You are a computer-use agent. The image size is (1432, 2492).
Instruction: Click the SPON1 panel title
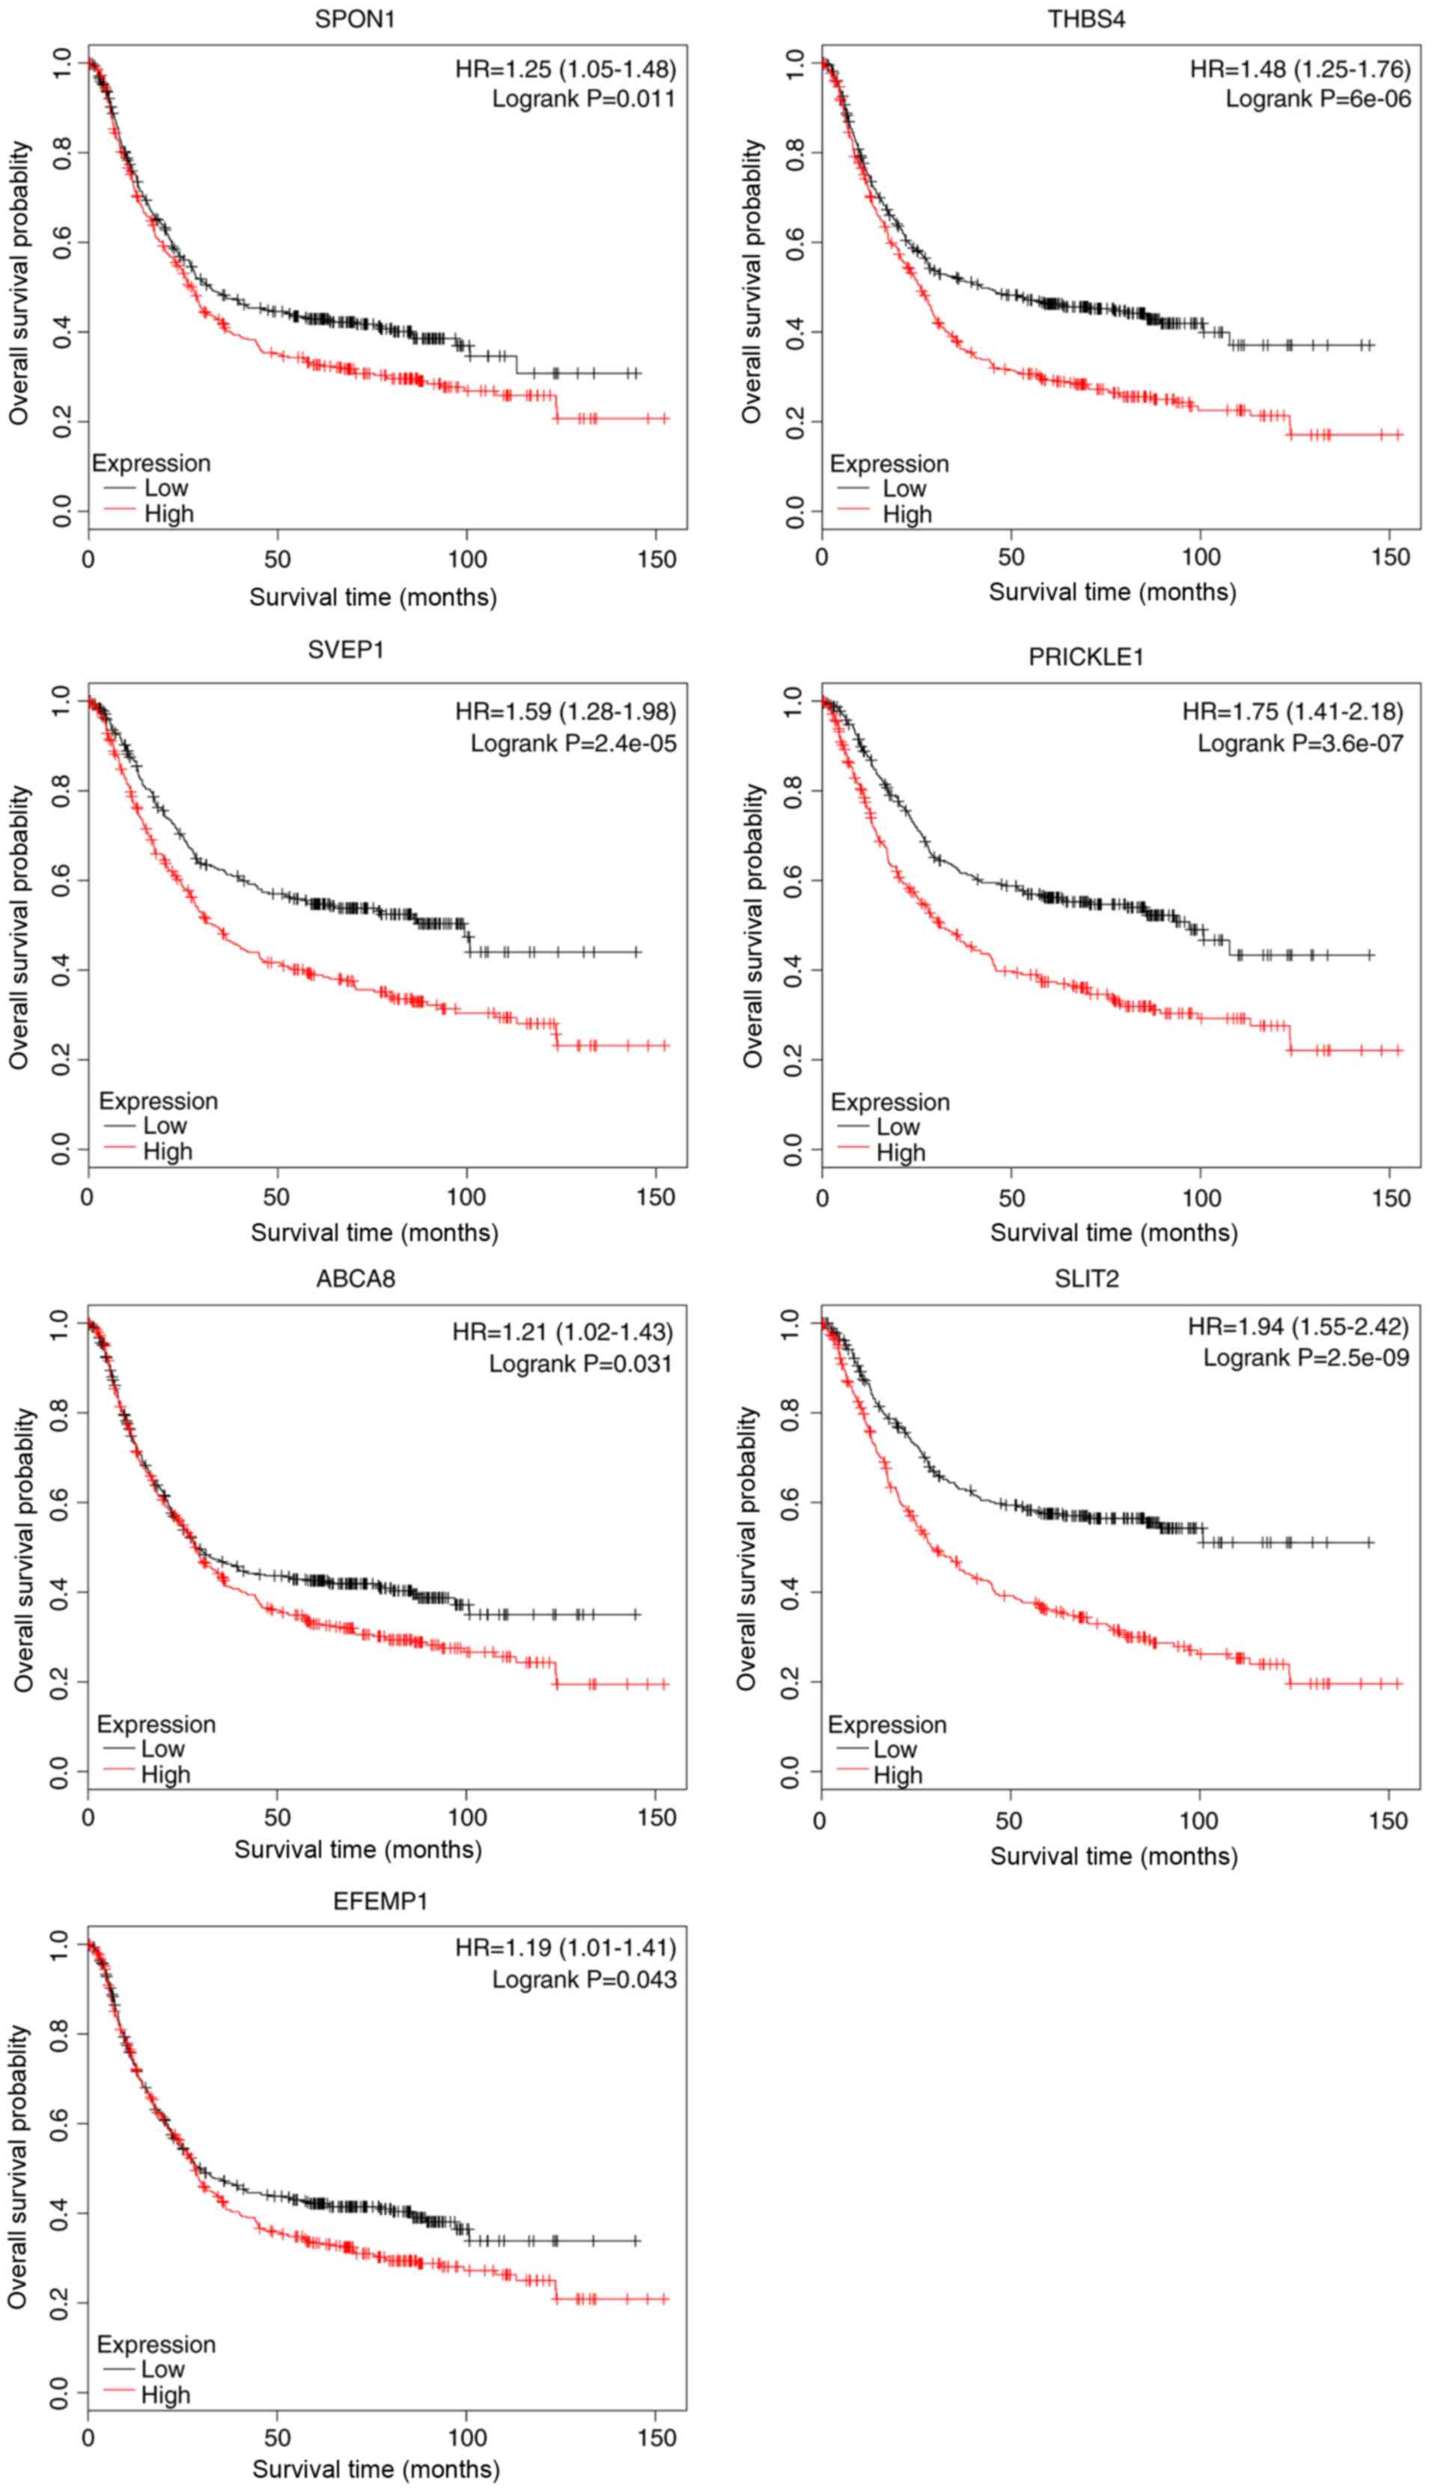[x=355, y=19]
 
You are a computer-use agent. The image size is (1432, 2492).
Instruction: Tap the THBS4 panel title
[x=1086, y=19]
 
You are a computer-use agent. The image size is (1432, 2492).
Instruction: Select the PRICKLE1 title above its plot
[x=1086, y=657]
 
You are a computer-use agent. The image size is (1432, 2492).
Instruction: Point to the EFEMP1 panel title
[x=380, y=1901]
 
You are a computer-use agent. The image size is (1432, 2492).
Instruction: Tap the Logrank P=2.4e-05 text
[x=573, y=743]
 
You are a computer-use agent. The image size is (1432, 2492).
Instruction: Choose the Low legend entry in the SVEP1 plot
[x=164, y=1125]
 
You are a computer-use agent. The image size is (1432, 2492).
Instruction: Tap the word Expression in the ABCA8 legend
[x=156, y=1724]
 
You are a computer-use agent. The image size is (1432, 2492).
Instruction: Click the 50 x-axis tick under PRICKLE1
[x=1011, y=1198]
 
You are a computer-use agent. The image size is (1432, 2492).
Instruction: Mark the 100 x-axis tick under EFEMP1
[x=467, y=2438]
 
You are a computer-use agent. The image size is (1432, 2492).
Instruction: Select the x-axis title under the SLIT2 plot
[x=1113, y=1856]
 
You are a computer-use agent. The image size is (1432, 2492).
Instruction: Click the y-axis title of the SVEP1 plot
[x=19, y=927]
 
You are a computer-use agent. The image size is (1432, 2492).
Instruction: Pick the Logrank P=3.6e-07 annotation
[x=1300, y=743]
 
